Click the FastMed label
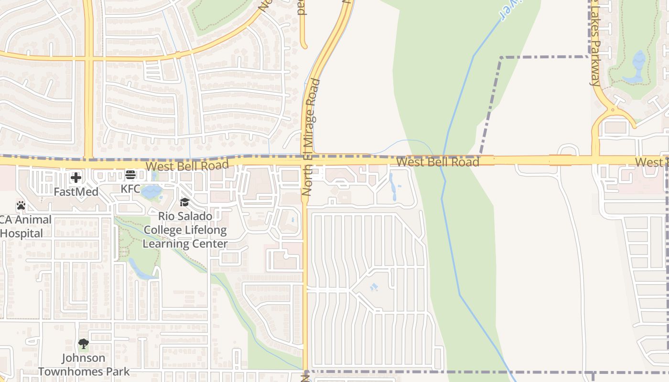76,192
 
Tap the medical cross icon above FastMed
76,178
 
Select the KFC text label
130,189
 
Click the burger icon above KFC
130,175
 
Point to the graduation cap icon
184,202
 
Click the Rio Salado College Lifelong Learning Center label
185,230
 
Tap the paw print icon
21,206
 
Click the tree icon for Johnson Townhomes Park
84,344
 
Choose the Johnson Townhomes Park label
84,364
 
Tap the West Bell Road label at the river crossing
437,162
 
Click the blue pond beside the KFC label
152,191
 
